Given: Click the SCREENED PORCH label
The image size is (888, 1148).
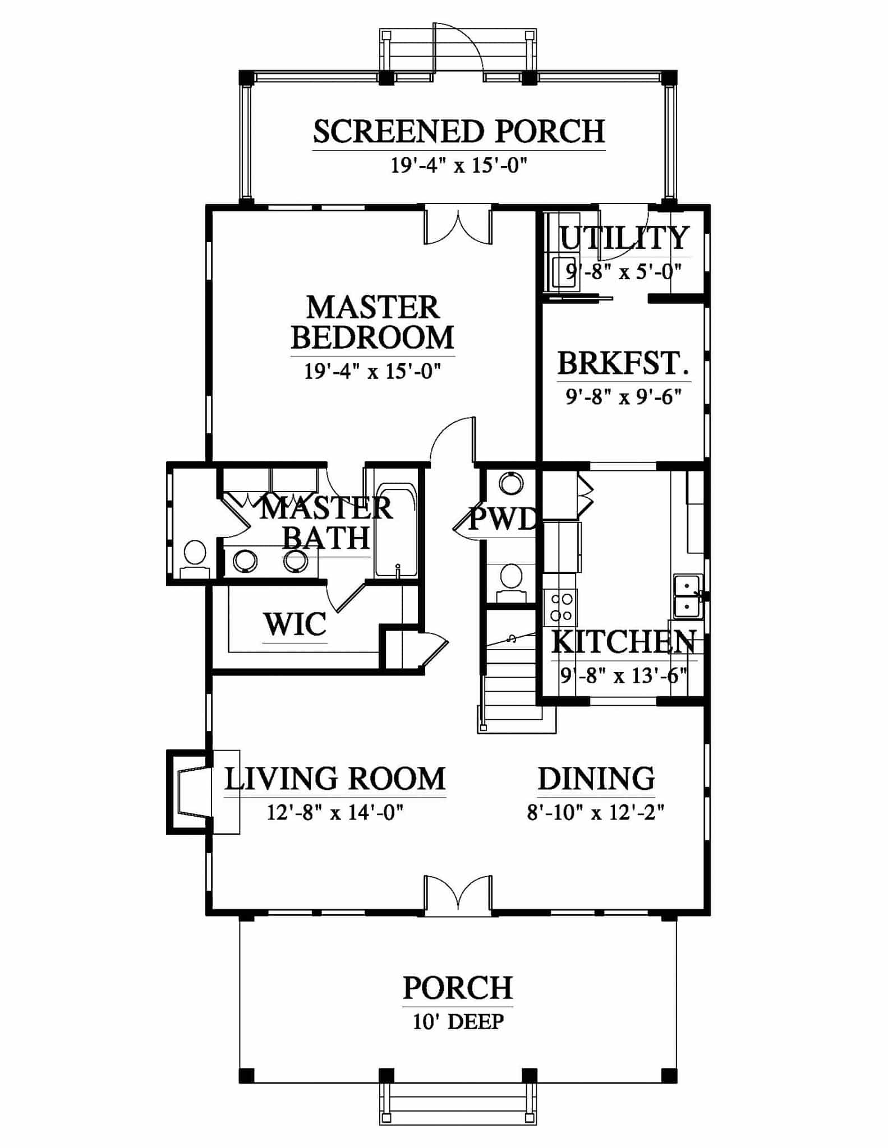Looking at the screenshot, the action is (459, 131).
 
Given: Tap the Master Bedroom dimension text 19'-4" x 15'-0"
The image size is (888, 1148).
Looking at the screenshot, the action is (372, 371).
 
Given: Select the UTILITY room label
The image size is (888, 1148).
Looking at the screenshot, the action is (624, 238).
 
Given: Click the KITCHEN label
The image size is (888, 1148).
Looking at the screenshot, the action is (624, 642).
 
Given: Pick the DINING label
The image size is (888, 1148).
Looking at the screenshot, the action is (596, 779).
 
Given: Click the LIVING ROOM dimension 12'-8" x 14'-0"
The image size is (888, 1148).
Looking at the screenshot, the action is (335, 812).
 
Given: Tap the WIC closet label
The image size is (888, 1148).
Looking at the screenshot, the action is (295, 624).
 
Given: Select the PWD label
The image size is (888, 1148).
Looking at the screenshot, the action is (503, 519).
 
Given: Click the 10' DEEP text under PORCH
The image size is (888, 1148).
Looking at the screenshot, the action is (458, 1022).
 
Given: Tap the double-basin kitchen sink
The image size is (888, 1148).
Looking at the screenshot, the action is (687, 596).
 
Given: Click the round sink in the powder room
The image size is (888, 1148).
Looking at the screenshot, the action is (510, 483).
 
